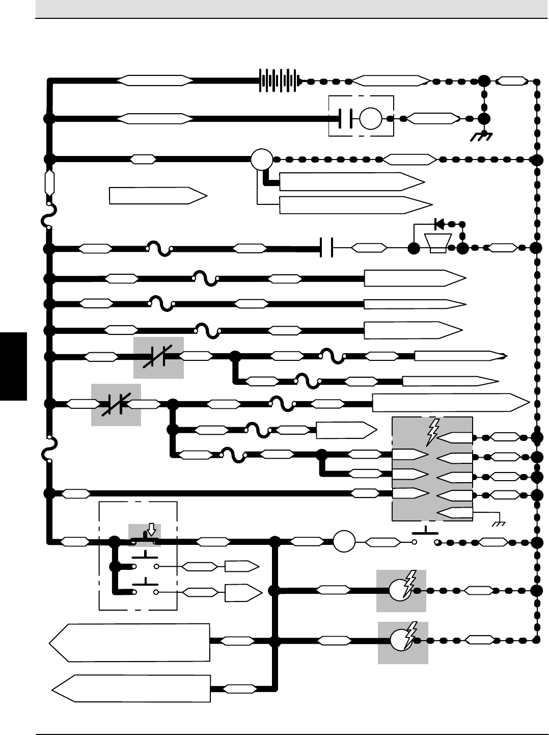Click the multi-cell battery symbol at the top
279,81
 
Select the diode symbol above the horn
438,223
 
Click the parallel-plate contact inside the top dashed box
345,119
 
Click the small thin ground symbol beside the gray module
498,523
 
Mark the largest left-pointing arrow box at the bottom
130,642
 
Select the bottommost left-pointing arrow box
131,689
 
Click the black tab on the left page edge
13,366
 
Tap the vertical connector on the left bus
49,183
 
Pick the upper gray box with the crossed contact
158,358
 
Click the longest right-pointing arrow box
451,403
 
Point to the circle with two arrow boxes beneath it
262,160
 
